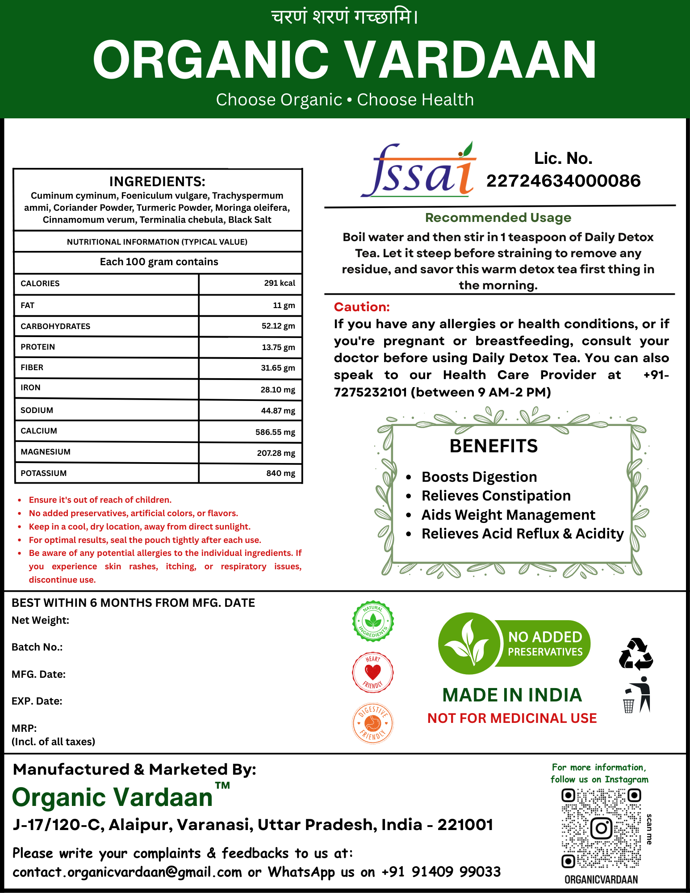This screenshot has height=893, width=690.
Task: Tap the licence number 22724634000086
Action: click(563, 181)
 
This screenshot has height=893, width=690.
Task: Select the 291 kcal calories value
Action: click(279, 283)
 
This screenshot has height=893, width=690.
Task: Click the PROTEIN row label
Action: click(38, 347)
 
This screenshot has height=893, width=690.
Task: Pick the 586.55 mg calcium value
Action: click(275, 432)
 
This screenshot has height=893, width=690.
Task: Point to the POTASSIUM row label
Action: click(44, 473)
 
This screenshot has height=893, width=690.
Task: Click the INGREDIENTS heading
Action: click(157, 181)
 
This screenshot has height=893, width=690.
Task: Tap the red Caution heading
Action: click(362, 307)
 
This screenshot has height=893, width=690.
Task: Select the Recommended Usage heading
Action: click(498, 217)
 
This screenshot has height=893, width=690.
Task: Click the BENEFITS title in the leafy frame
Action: click(493, 446)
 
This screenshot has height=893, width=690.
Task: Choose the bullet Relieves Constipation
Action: click(496, 496)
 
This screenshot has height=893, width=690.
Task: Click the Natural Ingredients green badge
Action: click(373, 621)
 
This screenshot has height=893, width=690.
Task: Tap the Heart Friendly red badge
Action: click(373, 672)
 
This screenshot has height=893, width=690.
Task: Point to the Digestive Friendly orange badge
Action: click(373, 723)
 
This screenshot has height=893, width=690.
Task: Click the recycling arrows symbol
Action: click(636, 654)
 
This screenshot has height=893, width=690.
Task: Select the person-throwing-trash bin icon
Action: click(637, 695)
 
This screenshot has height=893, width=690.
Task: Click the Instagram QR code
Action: click(601, 828)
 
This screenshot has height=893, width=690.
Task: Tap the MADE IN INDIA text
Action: click(512, 695)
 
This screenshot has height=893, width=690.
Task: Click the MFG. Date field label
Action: click(39, 674)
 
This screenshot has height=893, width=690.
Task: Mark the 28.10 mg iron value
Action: click(278, 389)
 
